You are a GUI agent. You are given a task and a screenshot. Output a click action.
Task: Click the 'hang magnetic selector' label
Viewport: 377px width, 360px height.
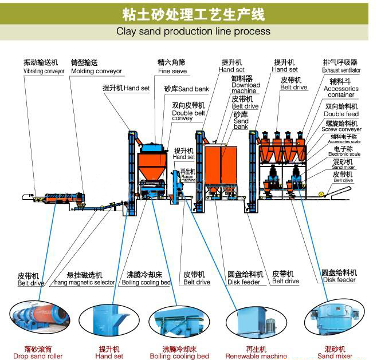[x=84, y=282]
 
